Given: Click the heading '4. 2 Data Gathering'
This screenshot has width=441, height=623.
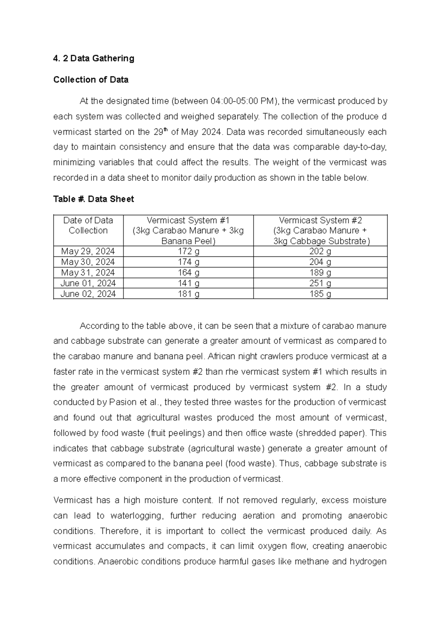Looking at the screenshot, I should point(94,58).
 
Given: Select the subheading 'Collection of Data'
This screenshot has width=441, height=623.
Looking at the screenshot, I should point(91,80).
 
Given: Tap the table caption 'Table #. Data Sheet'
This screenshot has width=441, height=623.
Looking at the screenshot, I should point(93,199).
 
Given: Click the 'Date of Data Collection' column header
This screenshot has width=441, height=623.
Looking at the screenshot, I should point(88,226).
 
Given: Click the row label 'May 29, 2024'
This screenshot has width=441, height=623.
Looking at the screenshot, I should point(88,252).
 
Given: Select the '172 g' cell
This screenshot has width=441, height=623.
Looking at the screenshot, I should point(188,252).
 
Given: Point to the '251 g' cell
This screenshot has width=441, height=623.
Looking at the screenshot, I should point(320,283).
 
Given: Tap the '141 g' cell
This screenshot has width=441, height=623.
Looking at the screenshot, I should point(188,283).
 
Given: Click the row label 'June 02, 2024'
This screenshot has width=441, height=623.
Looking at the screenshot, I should point(88,294).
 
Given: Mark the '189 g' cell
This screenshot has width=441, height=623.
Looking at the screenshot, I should point(320,273).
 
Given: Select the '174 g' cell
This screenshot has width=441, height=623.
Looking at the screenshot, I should point(188,262).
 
